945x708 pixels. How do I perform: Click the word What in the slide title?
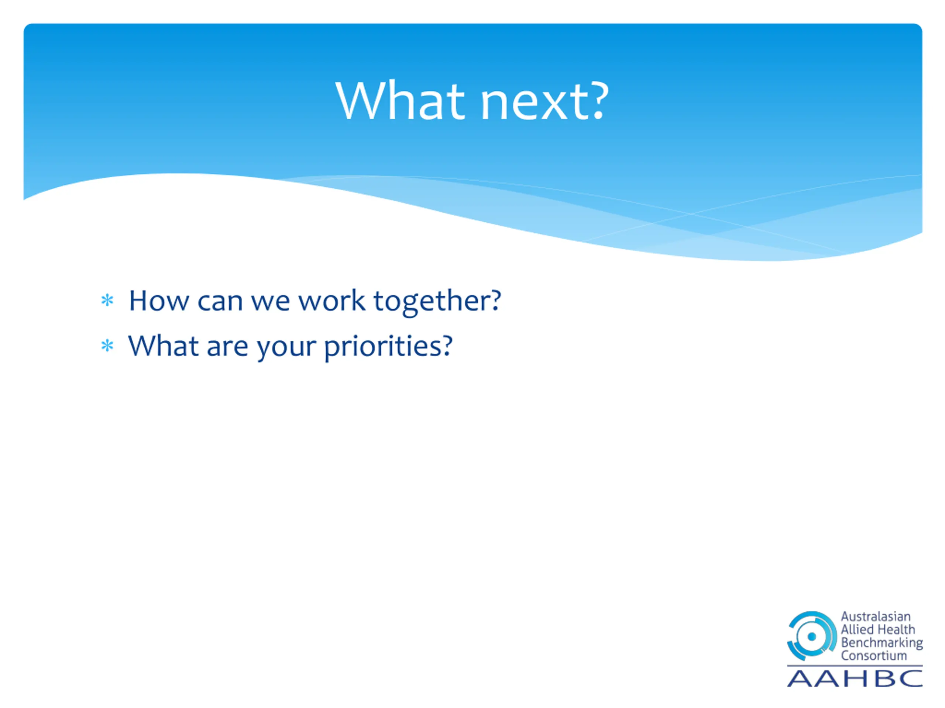(x=400, y=101)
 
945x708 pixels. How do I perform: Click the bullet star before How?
(x=107, y=301)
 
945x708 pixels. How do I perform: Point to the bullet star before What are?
(x=107, y=345)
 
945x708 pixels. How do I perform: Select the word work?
(x=331, y=301)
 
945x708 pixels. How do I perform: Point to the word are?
(x=227, y=347)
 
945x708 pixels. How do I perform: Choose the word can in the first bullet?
(x=220, y=303)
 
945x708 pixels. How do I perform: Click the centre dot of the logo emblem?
(x=812, y=637)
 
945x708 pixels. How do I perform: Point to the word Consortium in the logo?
(x=874, y=656)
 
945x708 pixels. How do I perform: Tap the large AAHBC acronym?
(x=855, y=678)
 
